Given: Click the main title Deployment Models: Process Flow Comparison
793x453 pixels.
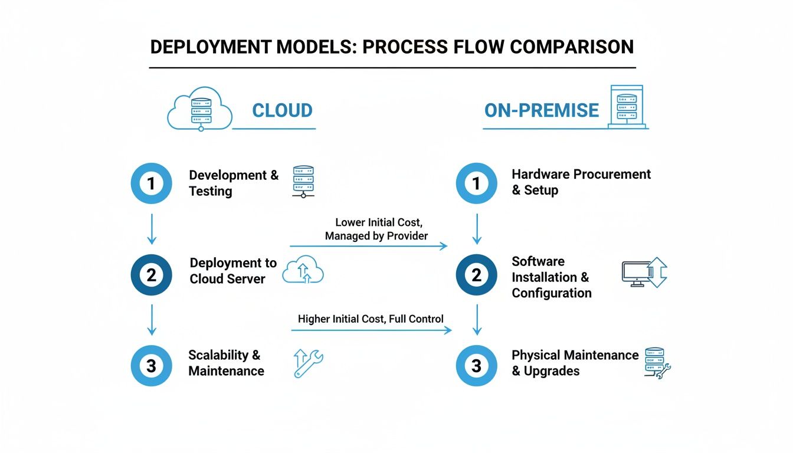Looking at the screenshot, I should pos(392,47).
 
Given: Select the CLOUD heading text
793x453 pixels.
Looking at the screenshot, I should pos(282,110).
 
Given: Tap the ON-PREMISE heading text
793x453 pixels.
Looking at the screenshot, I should pos(541,110).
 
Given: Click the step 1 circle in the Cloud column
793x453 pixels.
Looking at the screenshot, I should pos(151,183).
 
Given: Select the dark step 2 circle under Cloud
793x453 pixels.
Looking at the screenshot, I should pos(151,275).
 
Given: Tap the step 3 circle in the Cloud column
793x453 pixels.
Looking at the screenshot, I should pos(151,366).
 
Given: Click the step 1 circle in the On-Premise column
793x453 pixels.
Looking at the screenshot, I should pos(477,183).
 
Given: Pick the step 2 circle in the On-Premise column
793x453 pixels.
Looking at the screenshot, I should pos(477,275).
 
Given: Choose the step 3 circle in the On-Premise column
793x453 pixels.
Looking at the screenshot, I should pos(477,366).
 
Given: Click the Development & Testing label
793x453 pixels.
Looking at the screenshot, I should pos(234,183).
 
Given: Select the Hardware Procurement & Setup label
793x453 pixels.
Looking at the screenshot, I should pos(581,182).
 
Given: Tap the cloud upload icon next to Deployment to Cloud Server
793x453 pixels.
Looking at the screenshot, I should pos(303,271).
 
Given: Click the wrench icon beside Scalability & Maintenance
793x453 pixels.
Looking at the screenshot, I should pos(308,363).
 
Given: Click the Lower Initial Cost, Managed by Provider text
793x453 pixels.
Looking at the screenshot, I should pos(378,229).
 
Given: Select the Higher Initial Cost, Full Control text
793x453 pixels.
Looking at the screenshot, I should pos(371,319).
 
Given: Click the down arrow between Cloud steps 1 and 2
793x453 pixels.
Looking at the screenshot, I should pos(152,229).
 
